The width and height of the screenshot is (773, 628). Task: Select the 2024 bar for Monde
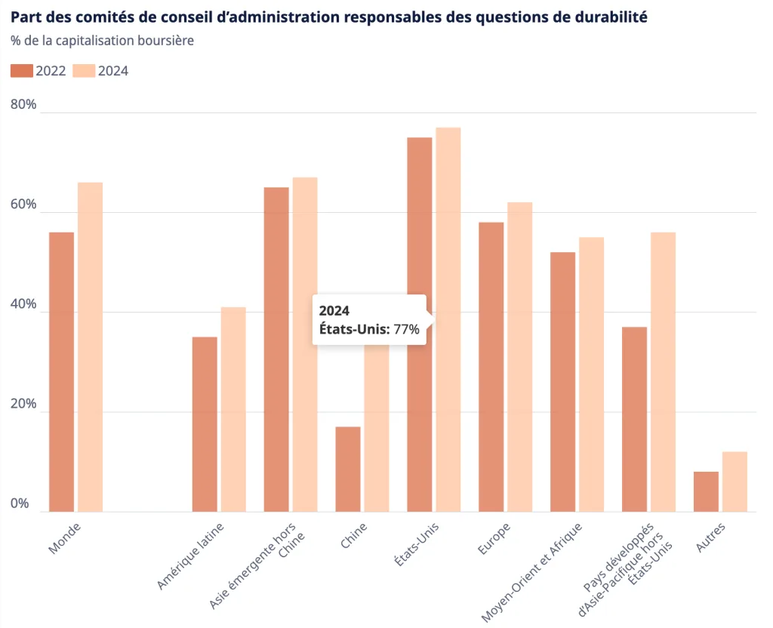[90, 346]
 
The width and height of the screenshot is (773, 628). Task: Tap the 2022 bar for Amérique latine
[205, 423]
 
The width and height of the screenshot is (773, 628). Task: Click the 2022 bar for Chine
[348, 469]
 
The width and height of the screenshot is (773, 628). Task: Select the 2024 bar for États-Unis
[448, 226]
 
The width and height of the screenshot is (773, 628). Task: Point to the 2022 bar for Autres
[706, 491]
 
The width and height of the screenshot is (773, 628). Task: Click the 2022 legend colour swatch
[22, 71]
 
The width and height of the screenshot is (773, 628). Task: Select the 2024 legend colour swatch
[85, 71]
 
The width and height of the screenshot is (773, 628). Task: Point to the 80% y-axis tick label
[23, 104]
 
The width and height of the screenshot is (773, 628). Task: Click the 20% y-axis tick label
[23, 404]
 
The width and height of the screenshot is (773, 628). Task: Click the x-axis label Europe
[494, 537]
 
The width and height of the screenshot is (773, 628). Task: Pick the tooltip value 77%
[406, 329]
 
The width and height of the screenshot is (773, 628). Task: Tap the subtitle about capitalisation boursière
[102, 40]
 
